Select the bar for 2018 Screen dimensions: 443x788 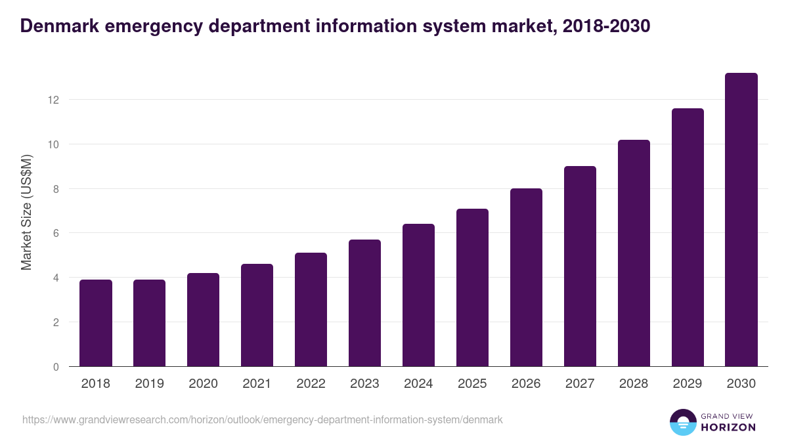tap(96, 323)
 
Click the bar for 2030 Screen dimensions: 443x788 tap(741, 220)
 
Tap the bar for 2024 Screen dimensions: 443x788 tap(418, 295)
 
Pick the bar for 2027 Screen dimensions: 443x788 tap(580, 266)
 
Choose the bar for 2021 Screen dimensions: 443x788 tap(257, 315)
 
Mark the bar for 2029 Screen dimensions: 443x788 tap(688, 238)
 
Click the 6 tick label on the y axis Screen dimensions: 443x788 tap(56, 233)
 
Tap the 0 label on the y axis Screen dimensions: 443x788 tap(56, 367)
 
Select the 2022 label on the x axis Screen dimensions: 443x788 tap(311, 384)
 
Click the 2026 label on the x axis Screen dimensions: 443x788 tap(526, 384)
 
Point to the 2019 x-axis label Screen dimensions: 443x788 tap(149, 384)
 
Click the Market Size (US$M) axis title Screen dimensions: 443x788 tap(26, 212)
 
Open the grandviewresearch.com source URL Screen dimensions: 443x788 tap(263, 419)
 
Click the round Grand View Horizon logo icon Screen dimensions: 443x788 tap(682, 422)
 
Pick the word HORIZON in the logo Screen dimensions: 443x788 tap(729, 427)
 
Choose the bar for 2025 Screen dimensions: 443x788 tap(472, 287)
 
